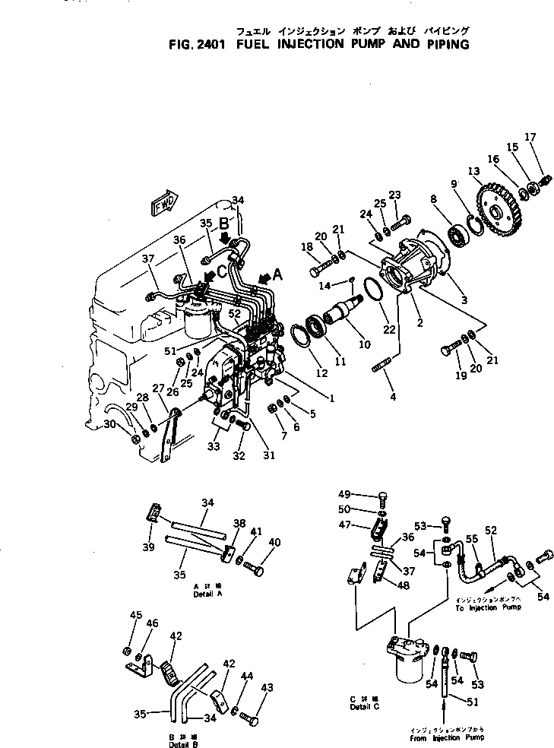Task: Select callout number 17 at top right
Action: tap(530, 138)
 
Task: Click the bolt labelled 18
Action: tap(318, 268)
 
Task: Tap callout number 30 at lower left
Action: tap(109, 424)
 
